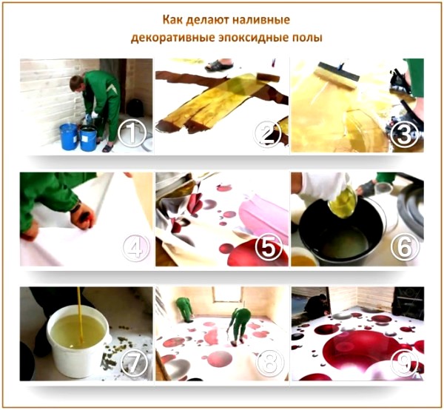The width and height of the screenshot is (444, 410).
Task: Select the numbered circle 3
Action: [404, 134]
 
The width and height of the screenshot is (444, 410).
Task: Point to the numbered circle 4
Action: [134, 249]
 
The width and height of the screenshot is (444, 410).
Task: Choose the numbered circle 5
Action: [269, 249]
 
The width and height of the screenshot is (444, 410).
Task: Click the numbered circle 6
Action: [405, 248]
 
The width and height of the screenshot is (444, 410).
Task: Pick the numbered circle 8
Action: [269, 363]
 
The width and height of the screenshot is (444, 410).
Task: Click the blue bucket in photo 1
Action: [70, 136]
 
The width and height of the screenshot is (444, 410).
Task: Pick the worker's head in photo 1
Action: [75, 82]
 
